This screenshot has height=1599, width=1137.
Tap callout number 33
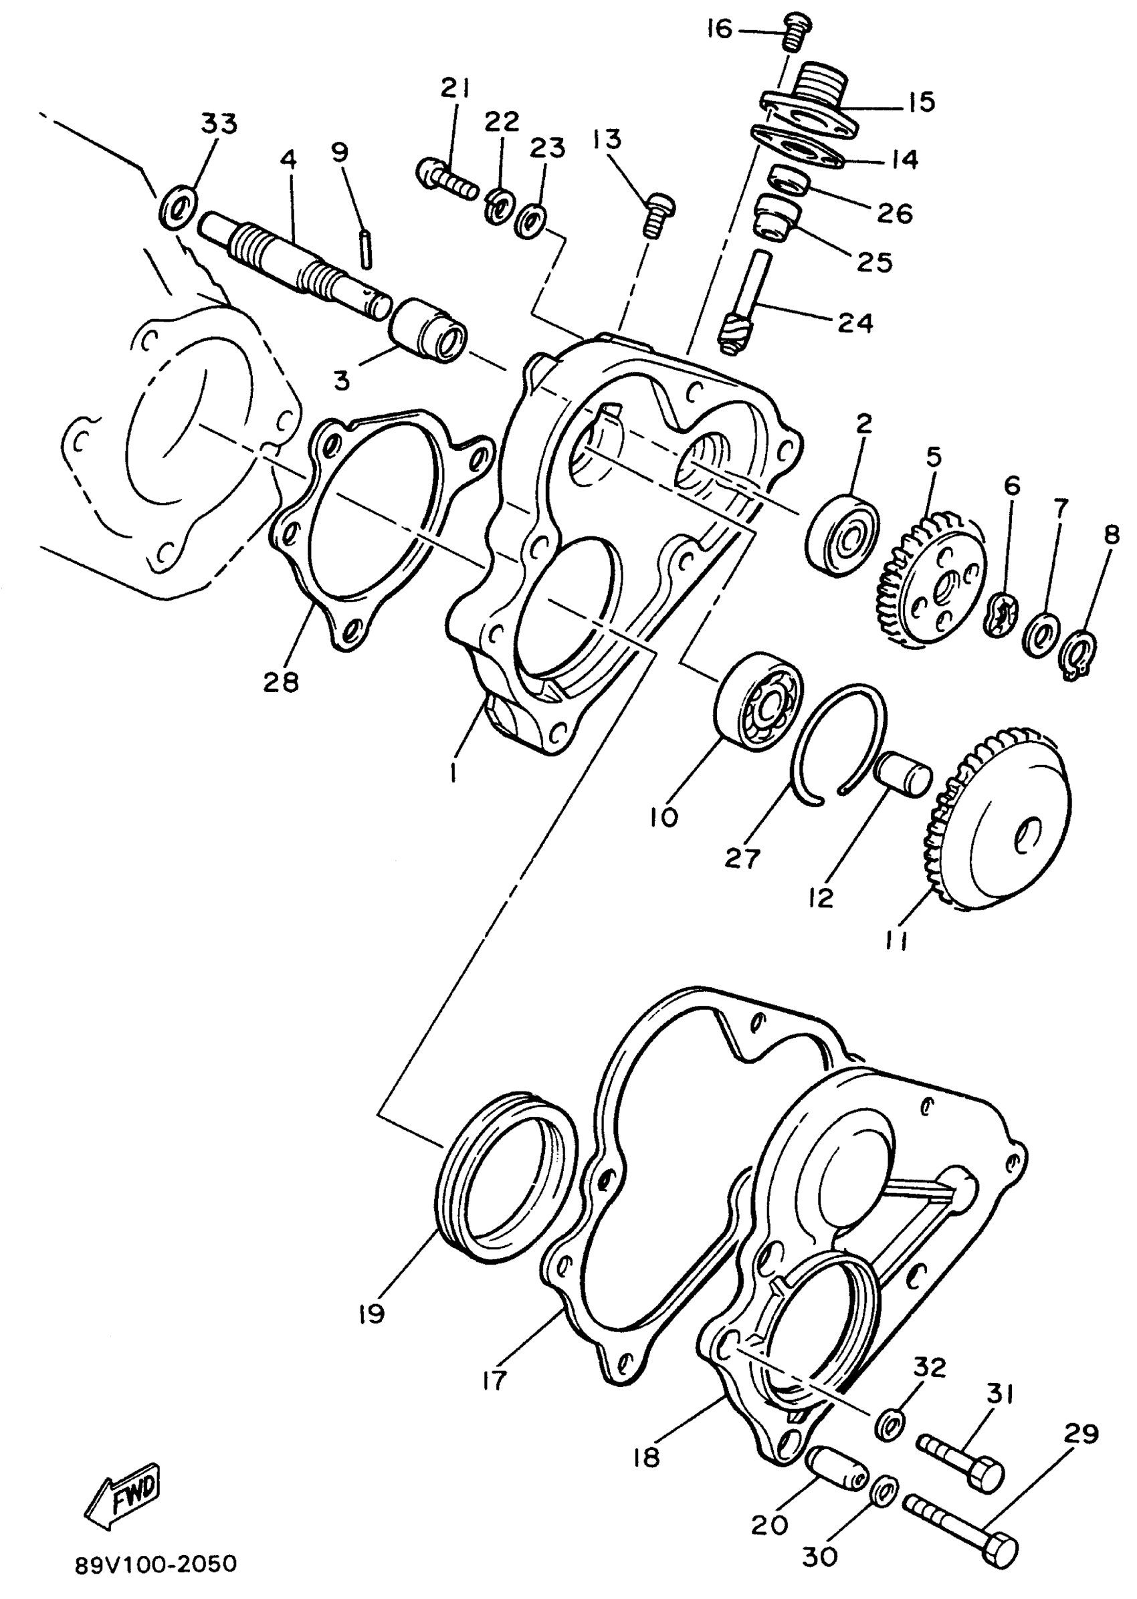(x=219, y=124)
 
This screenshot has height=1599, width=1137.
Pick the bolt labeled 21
(x=446, y=179)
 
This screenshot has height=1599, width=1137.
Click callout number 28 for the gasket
(x=281, y=681)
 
